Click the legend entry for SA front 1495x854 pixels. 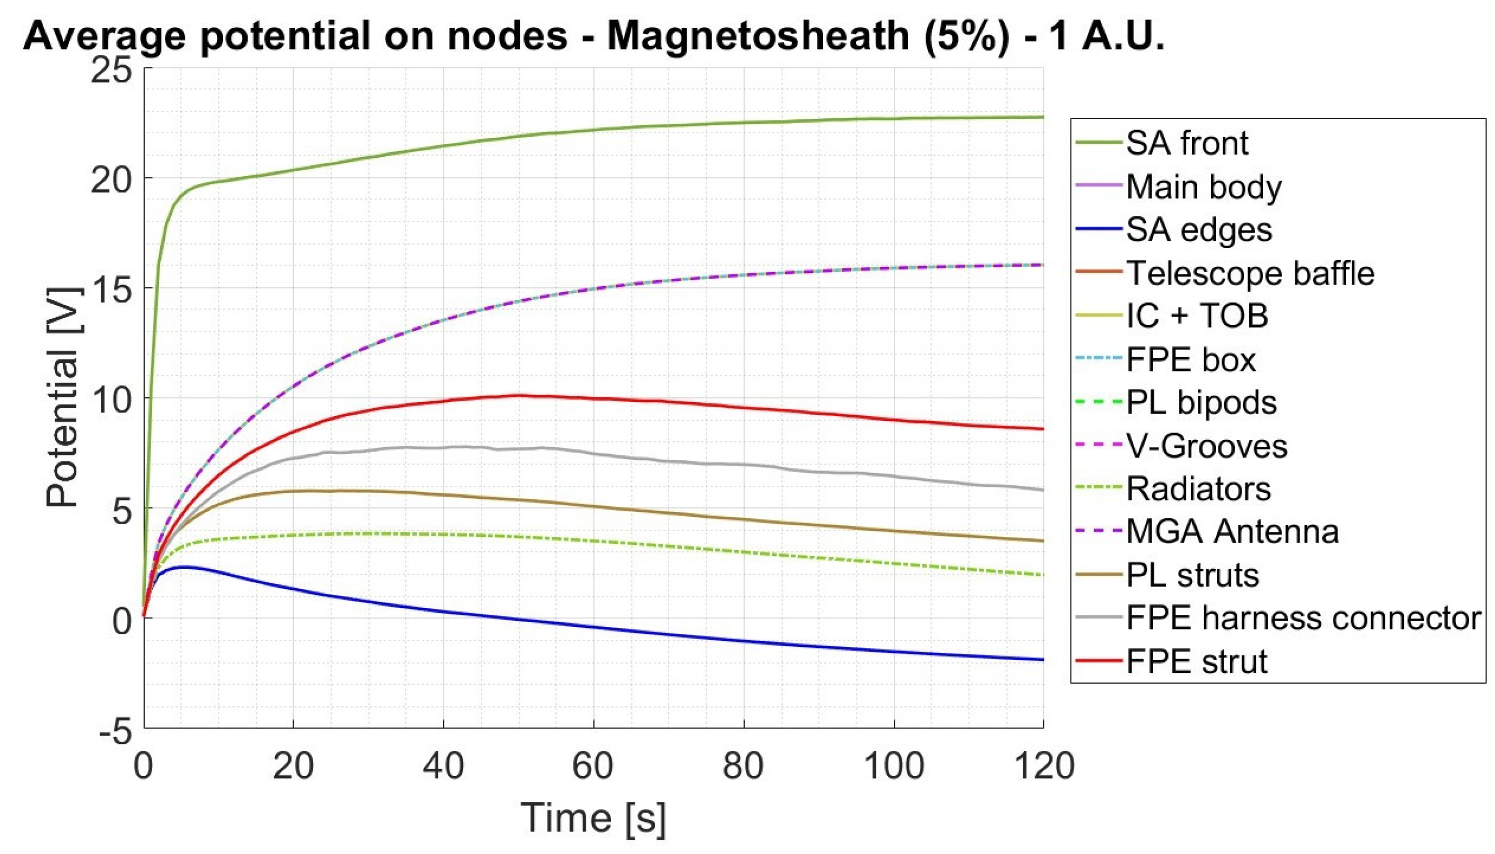(1186, 143)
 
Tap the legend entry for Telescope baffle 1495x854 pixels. (1249, 273)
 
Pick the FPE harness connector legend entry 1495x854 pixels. (1303, 618)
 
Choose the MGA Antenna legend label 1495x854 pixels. (1232, 532)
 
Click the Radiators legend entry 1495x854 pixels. (1198, 488)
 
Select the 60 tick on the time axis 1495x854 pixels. (593, 765)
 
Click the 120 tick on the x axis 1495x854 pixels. (1044, 765)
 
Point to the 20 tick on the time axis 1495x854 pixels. (293, 765)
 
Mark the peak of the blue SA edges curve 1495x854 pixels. (185, 566)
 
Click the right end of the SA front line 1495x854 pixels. (1042, 117)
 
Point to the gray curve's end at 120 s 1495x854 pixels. (1042, 490)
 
